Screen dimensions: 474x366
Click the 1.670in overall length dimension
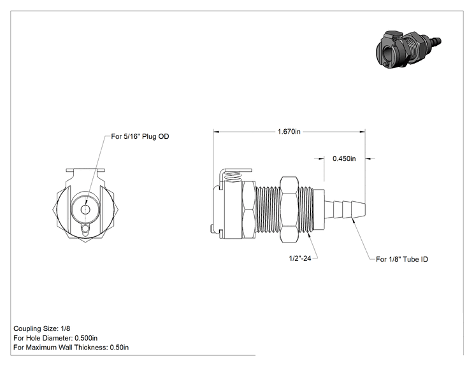[289, 132]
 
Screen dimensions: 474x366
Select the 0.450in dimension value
[344, 158]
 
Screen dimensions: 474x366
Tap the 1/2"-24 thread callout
[300, 258]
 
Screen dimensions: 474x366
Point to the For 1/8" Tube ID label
[402, 260]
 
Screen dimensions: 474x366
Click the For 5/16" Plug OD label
[140, 136]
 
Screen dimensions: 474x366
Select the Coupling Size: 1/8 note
[41, 328]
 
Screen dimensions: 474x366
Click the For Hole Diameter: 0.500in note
[55, 338]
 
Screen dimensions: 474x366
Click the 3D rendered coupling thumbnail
[408, 48]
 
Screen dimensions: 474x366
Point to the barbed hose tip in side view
[345, 208]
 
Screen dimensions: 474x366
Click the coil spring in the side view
[233, 177]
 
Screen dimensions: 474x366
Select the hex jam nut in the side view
[289, 210]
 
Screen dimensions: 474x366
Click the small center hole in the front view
[85, 209]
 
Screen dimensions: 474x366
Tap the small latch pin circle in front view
[86, 228]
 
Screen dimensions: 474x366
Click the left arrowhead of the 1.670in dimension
[216, 132]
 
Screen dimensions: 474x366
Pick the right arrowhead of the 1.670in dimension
[363, 132]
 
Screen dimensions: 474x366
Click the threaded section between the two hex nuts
[268, 209]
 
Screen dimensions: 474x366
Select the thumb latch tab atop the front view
[85, 171]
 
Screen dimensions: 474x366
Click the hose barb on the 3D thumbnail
[434, 41]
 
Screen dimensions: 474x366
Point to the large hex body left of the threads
[248, 210]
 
